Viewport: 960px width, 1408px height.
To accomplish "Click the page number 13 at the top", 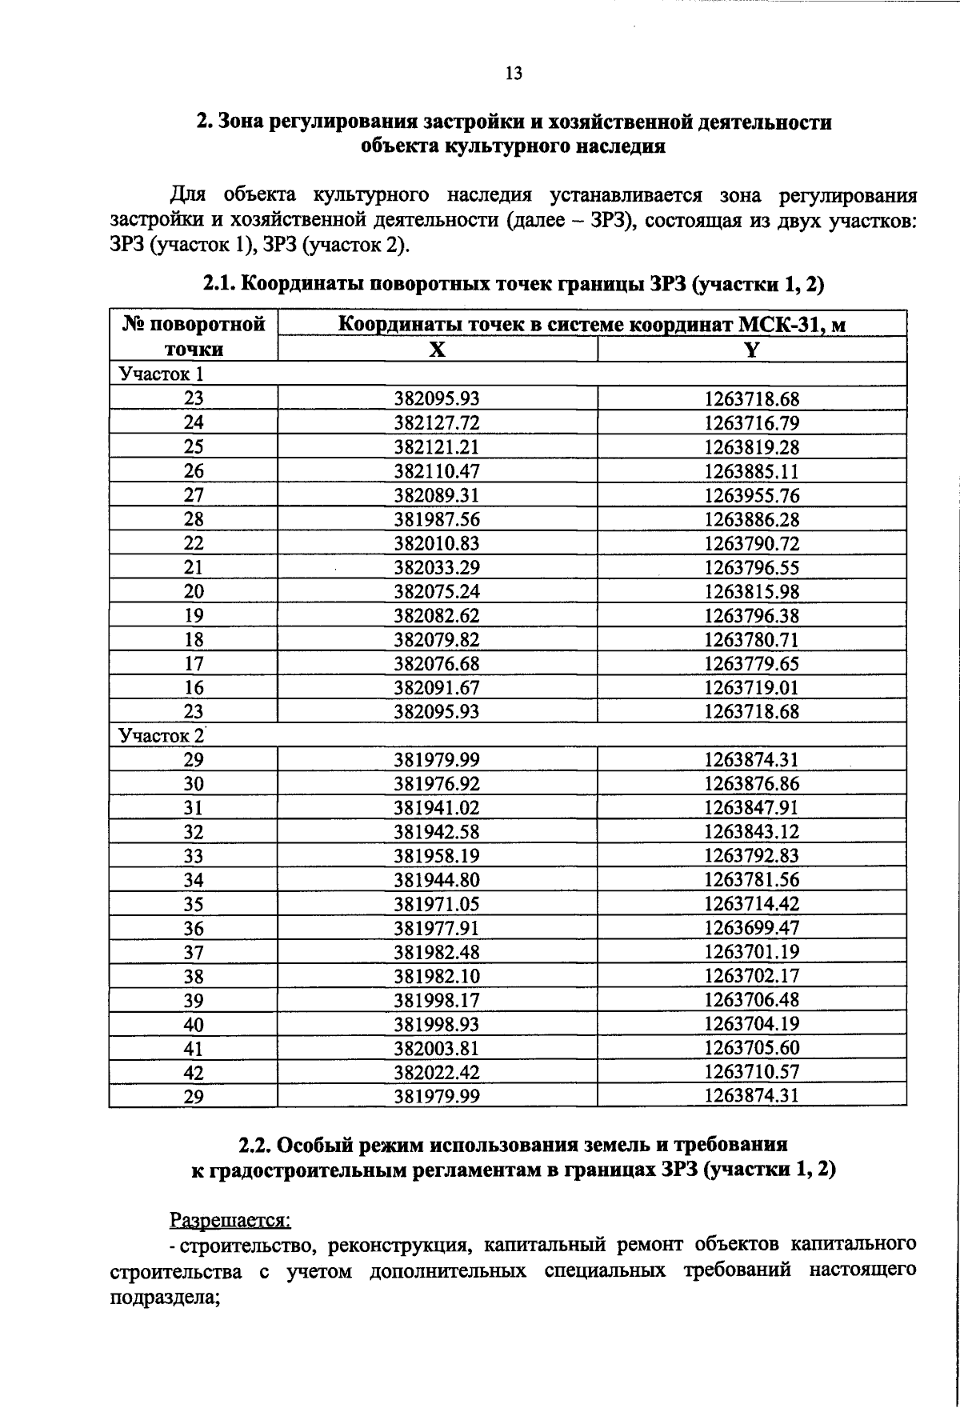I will (514, 74).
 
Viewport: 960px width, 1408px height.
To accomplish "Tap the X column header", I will (437, 350).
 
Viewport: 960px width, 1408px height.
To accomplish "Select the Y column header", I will (751, 350).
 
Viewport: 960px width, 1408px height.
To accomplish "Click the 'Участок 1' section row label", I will (161, 374).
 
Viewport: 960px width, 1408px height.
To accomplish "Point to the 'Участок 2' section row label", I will (161, 734).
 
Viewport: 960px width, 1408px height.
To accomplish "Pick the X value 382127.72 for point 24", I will (437, 422).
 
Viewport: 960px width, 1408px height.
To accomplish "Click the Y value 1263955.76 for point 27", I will (751, 495).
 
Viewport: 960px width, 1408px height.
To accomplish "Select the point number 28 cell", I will (194, 519).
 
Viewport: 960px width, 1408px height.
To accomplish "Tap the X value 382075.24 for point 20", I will (437, 591).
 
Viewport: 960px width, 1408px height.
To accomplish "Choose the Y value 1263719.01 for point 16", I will (751, 687).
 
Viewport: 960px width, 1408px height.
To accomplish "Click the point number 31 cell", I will (194, 807).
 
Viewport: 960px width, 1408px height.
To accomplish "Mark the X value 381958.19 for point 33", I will (437, 855).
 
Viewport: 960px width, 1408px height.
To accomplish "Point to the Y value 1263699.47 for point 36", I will (751, 928).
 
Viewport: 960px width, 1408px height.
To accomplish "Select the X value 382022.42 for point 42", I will (437, 1072).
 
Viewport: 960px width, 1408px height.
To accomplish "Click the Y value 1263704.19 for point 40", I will (751, 1024).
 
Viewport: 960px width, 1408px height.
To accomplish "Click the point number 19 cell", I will (194, 615).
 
